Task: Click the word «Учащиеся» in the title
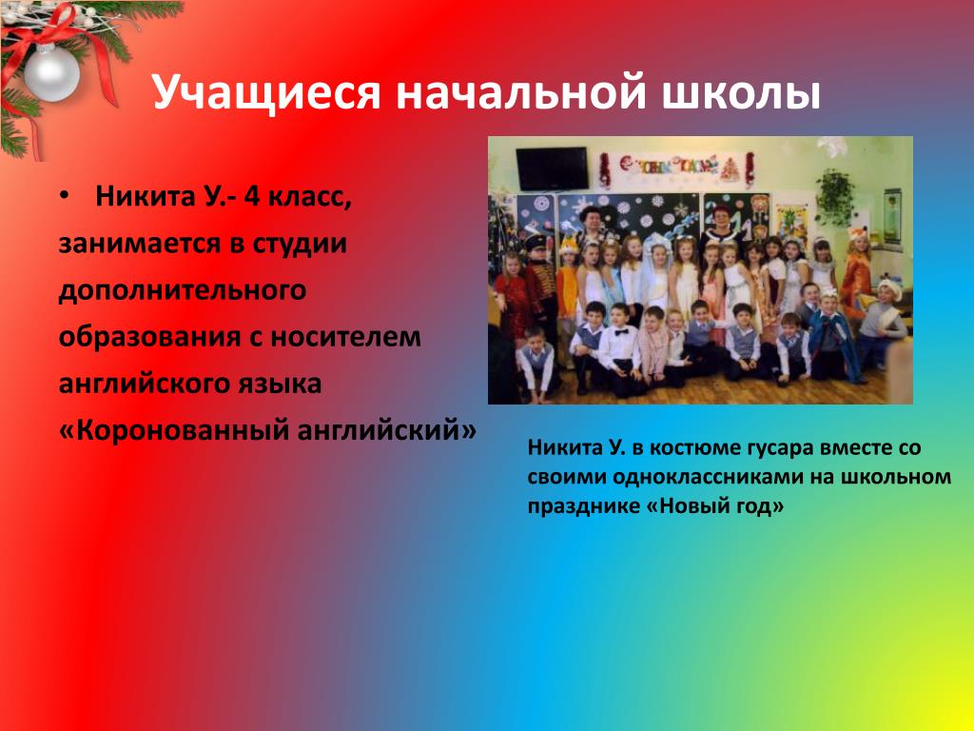click(x=266, y=93)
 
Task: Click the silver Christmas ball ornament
click(x=51, y=72)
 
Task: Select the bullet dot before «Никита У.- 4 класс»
click(x=64, y=196)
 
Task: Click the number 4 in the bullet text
click(x=252, y=196)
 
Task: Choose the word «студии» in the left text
click(x=299, y=243)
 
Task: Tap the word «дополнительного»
click(x=182, y=291)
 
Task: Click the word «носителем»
click(x=345, y=337)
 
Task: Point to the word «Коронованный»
click(x=183, y=430)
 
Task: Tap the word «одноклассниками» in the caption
click(x=723, y=477)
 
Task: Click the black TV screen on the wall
click(x=552, y=168)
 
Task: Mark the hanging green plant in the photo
click(x=834, y=196)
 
